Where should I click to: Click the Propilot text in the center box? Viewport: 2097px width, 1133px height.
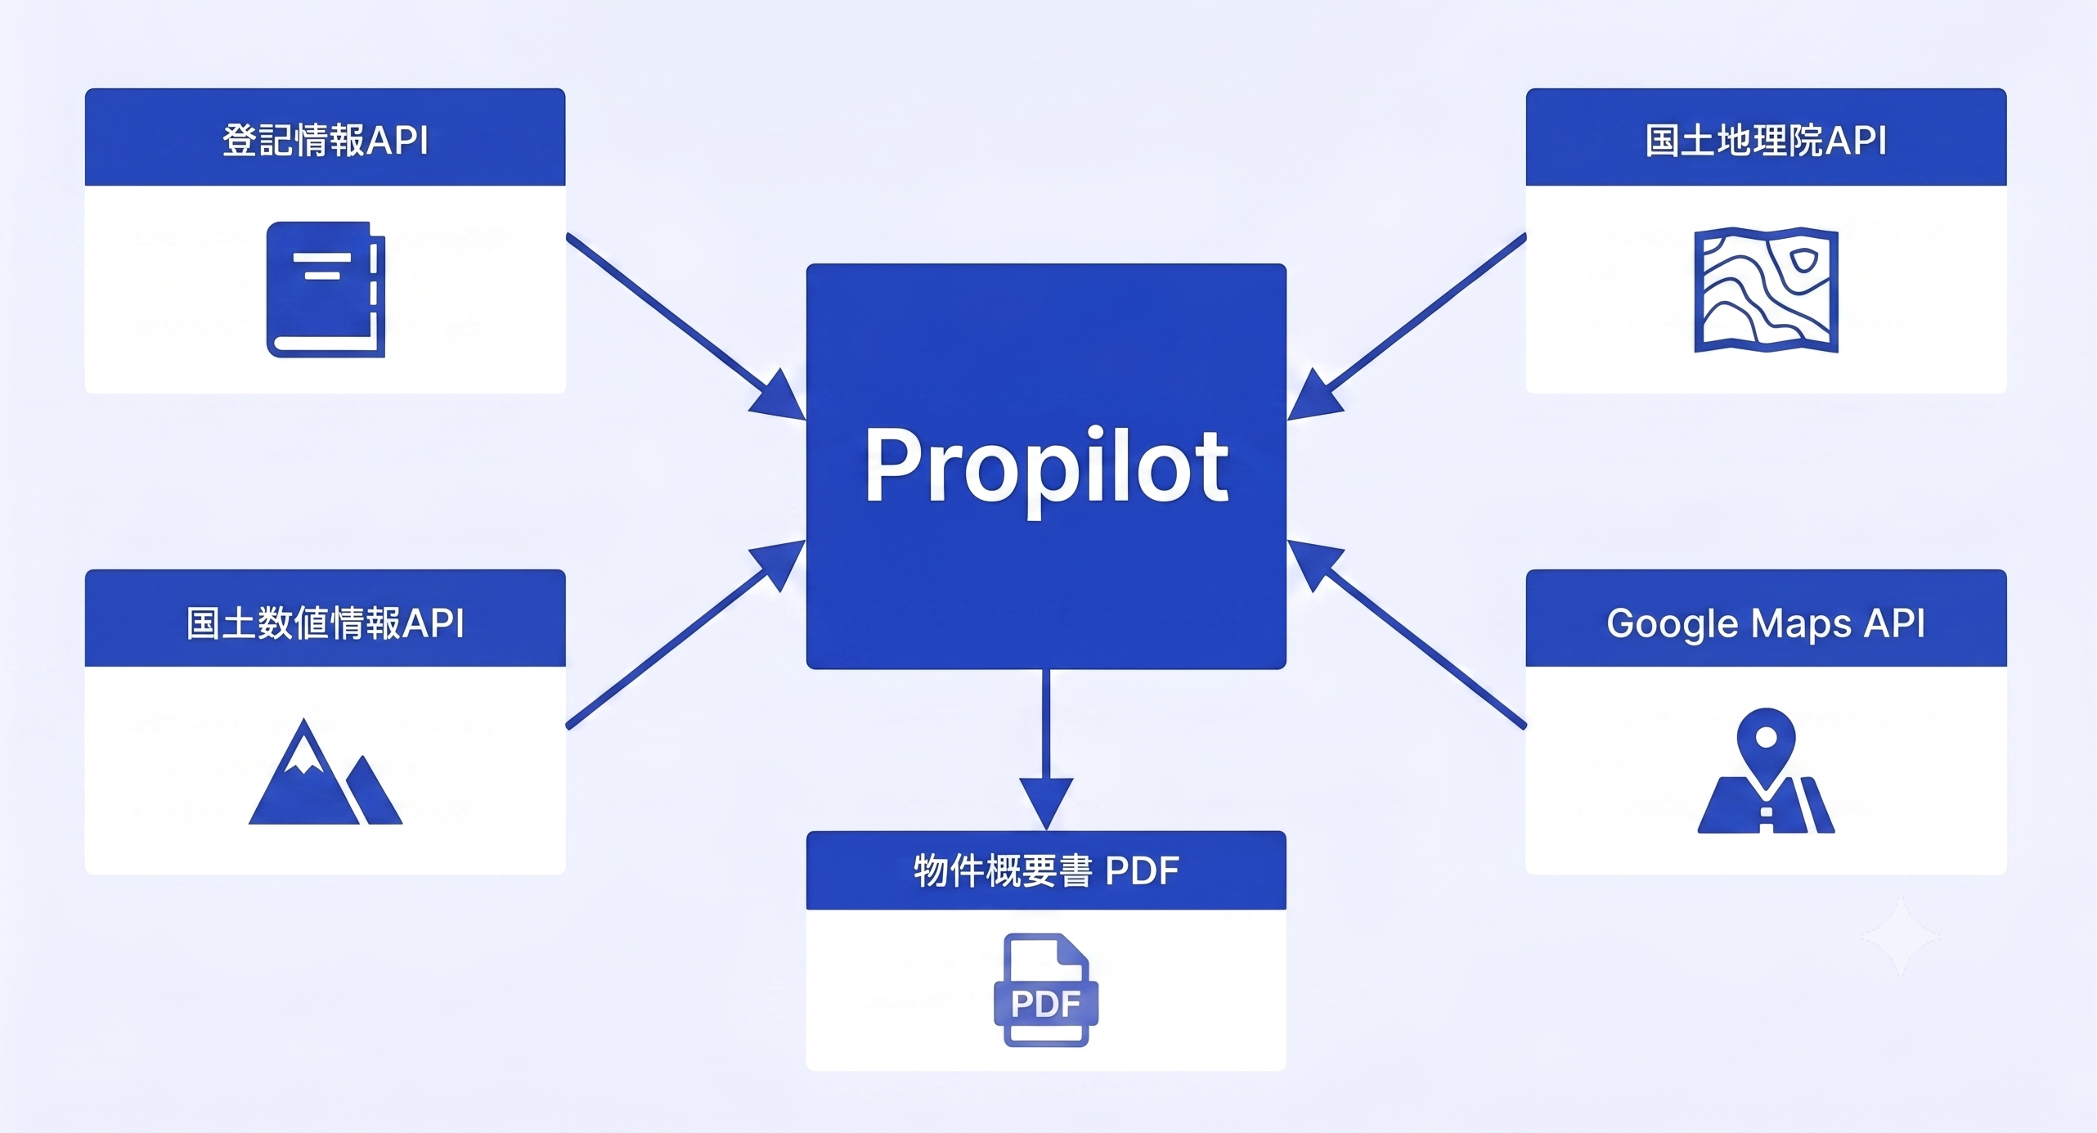coord(1046,466)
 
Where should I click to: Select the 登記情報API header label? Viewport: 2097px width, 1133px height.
coord(326,140)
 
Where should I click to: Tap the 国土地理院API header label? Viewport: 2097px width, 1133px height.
coord(1766,140)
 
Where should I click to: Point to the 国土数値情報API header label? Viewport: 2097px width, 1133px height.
coord(326,623)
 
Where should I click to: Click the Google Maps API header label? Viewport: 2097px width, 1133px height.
coord(1766,623)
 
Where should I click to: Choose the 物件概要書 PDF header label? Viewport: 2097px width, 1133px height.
coord(1046,870)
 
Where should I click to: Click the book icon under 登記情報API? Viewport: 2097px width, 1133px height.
coord(326,290)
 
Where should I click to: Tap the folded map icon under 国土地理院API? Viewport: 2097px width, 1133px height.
coord(1767,290)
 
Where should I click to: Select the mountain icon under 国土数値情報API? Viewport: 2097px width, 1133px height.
coord(326,771)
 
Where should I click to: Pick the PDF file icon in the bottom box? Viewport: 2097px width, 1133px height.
coord(1046,990)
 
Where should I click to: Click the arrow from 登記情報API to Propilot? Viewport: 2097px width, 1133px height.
coord(686,327)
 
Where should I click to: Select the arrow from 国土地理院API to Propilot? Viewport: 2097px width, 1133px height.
coord(1407,327)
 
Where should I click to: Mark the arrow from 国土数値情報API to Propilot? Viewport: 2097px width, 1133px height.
coord(686,634)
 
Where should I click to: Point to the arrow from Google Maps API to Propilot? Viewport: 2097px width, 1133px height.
coord(1407,634)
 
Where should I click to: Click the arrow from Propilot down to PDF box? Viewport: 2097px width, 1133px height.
coord(1046,750)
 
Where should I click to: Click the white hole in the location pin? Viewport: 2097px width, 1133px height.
coord(1767,738)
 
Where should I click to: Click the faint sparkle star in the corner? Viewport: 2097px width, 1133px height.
coord(1901,937)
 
